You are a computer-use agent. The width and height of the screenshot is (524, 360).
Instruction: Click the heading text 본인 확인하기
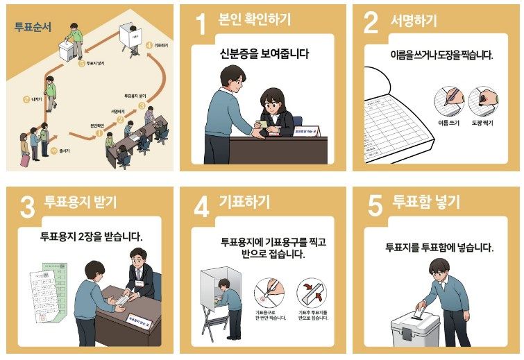pyautogui.click(x=255, y=20)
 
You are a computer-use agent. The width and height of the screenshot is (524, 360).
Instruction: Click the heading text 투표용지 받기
pyautogui.click(x=81, y=203)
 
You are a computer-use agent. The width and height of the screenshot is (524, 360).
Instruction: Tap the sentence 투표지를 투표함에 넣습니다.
pyautogui.click(x=439, y=247)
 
